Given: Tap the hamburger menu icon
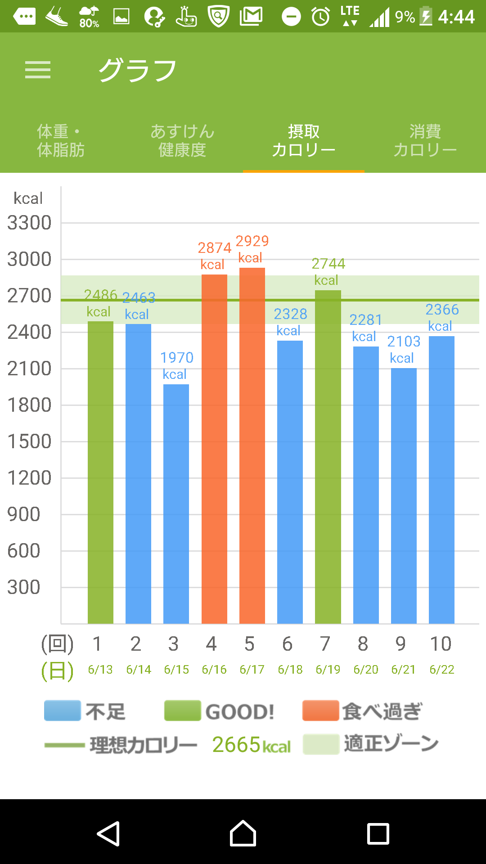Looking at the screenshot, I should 38,70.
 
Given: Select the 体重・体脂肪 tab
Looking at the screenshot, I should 61,140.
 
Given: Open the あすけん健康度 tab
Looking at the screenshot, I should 182,140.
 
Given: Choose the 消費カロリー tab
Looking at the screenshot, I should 425,140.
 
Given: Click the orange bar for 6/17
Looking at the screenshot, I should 252,445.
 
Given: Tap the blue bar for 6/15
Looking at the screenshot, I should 176,504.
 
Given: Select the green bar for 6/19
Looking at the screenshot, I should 328,457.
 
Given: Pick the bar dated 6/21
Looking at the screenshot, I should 404,495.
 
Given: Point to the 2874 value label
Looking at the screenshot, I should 215,248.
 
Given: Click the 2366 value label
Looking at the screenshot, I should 442,310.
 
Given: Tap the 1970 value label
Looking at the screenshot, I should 177,358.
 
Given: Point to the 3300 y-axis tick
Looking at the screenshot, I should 29,223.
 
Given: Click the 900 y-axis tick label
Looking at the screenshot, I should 24,514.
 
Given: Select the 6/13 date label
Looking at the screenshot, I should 100,670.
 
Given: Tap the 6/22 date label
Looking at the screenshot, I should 442,670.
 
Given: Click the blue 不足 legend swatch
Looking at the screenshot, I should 63,711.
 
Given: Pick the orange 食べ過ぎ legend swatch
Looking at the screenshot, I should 320,711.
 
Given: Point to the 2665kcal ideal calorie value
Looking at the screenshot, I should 251,745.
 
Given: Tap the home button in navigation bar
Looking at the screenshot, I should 243,833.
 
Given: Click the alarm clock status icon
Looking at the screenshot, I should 321,17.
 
